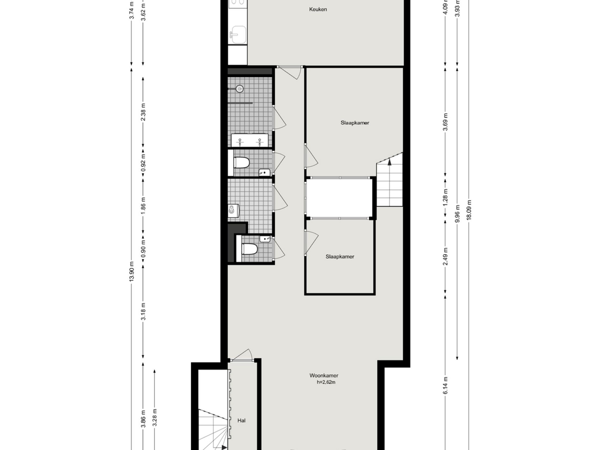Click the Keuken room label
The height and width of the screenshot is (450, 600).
318,9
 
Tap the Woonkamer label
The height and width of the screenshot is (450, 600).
324,376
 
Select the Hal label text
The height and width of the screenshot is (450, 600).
241,420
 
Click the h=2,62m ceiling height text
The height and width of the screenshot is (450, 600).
326,382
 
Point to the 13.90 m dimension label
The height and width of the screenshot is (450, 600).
131,271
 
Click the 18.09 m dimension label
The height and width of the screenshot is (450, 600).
469,210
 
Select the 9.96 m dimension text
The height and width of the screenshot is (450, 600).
457,214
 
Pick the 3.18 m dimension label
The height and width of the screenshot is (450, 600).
143,311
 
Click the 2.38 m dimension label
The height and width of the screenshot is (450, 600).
143,112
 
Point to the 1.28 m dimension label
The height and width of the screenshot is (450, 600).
445,197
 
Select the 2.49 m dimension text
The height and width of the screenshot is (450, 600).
445,256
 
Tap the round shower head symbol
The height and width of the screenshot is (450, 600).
240,89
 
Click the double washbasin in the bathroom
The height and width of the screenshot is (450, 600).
250,140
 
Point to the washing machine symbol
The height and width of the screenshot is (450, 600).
233,211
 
